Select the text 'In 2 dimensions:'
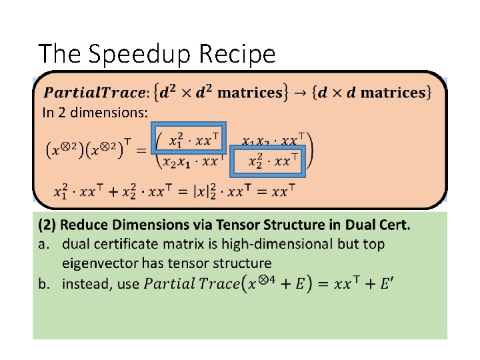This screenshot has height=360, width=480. pyautogui.click(x=95, y=113)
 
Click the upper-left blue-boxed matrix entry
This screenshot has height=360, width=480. pyautogui.click(x=189, y=140)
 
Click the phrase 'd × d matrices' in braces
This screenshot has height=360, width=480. pyautogui.click(x=379, y=93)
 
